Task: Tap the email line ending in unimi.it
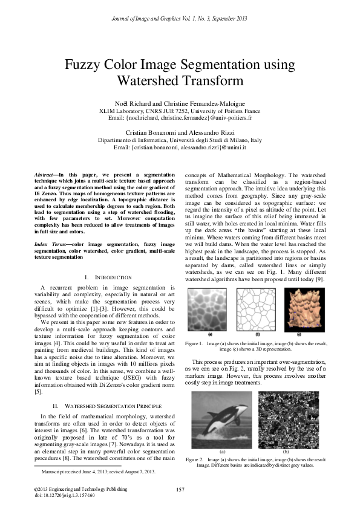tap(180, 147)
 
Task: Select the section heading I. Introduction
tap(102, 277)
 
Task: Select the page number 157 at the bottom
tap(180, 490)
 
